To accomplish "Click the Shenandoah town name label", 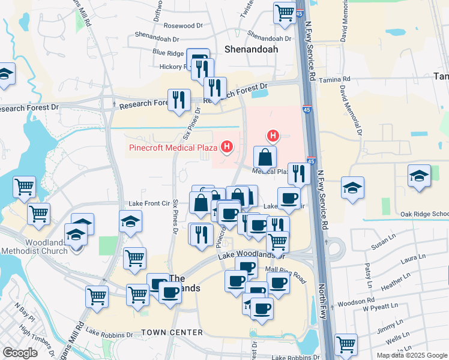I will (252, 50).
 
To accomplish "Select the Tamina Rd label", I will (335, 79).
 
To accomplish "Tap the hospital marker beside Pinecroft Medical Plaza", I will (226, 146).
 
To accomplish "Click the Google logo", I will (19, 353).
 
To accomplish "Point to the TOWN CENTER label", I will (172, 332).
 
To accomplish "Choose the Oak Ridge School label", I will (424, 214).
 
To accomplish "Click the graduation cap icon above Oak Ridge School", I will (419, 175).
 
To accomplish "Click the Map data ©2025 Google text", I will (411, 355).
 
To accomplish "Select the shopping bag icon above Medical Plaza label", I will (265, 157).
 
